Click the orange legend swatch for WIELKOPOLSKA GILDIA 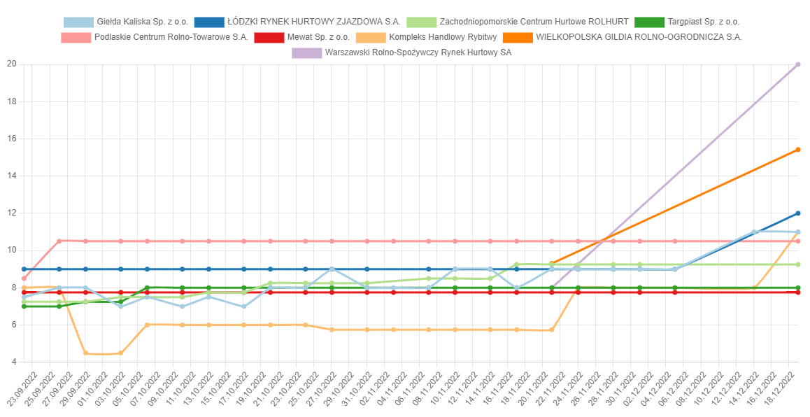(518, 37)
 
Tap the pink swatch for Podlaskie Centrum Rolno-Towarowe (76, 37)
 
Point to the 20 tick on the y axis (10, 64)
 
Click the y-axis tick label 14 (10, 176)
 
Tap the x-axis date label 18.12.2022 (789, 388)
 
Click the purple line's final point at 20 (798, 64)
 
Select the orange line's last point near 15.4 (798, 150)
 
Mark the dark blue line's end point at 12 (798, 213)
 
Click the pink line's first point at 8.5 (24, 278)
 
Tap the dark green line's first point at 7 (24, 306)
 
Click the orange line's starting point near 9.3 (552, 264)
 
